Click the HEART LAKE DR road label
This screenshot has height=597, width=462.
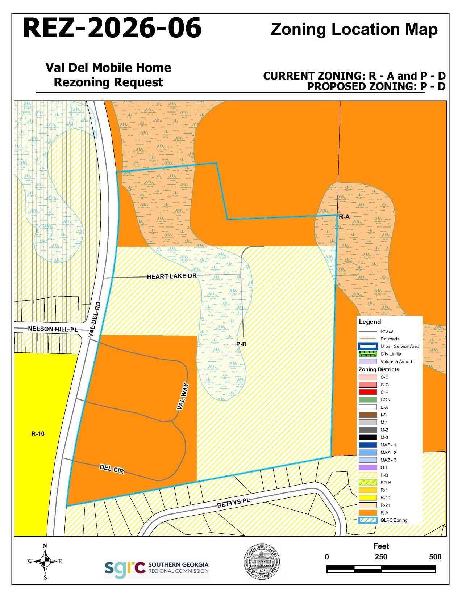[x=171, y=276]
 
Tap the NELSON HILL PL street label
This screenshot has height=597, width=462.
[x=53, y=329]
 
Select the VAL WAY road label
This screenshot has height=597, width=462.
[x=183, y=396]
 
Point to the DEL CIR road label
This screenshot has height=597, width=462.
[x=112, y=469]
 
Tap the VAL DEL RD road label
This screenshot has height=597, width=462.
[x=94, y=320]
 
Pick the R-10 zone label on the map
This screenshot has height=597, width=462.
[x=38, y=434]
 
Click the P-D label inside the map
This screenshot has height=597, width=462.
[x=241, y=344]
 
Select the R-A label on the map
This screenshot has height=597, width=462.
[x=344, y=217]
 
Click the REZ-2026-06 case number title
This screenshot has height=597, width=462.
[x=112, y=28]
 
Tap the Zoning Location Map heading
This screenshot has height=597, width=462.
[x=354, y=29]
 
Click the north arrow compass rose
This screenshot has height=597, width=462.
[x=45, y=562]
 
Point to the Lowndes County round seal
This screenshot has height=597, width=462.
[x=261, y=562]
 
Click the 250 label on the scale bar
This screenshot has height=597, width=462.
[x=381, y=557]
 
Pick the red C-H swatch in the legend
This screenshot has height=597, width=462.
[x=368, y=392]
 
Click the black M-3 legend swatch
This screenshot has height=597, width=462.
[x=368, y=437]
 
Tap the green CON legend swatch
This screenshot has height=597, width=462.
[x=368, y=400]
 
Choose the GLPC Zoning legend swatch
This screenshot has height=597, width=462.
[x=368, y=520]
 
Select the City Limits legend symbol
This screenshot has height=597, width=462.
[x=368, y=354]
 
